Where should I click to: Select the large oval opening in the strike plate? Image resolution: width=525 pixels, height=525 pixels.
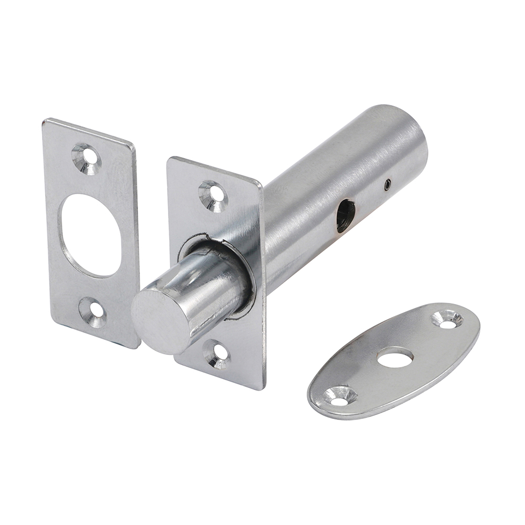coord(90,235)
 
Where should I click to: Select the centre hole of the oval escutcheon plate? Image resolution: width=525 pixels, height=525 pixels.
coord(395,359)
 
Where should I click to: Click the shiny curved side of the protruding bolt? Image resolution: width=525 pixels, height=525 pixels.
coord(210,294)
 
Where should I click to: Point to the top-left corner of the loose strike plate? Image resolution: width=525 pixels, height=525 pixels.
coord(46,122)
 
